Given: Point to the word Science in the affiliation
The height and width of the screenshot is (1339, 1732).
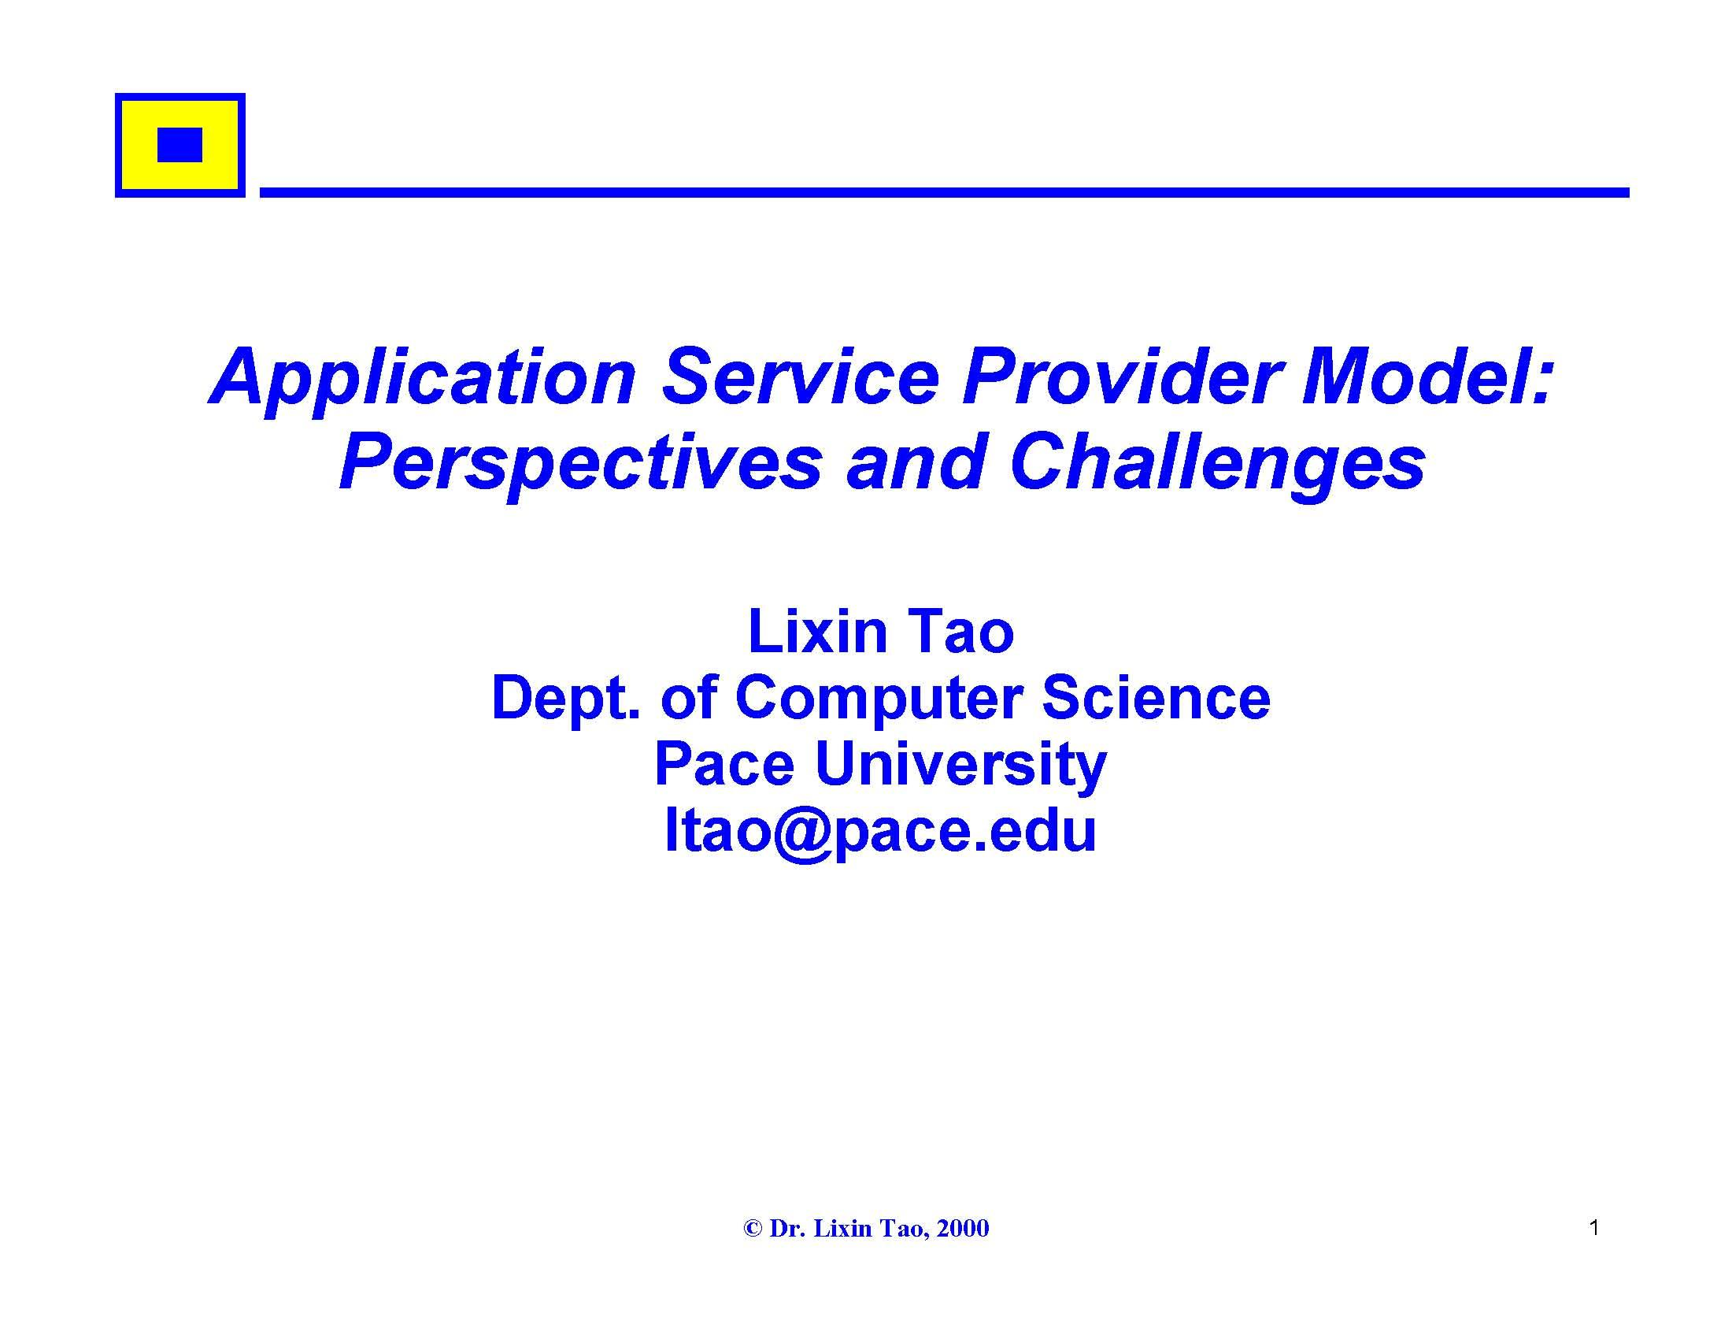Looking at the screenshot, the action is coord(1156,698).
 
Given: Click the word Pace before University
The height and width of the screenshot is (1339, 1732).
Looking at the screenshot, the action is coord(724,765).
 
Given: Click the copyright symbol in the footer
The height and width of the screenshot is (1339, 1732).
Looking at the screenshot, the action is coord(753,1229).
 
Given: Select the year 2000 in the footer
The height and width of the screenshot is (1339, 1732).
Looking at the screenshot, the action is coord(963,1229).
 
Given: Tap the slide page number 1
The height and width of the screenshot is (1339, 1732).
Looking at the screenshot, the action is coord(1594,1228).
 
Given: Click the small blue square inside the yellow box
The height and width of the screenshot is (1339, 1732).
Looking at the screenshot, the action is coord(180,144).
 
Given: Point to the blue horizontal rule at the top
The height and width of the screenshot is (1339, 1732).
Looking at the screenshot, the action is coord(945,193).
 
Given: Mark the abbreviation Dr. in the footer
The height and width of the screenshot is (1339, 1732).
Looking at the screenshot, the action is coord(786,1229).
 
